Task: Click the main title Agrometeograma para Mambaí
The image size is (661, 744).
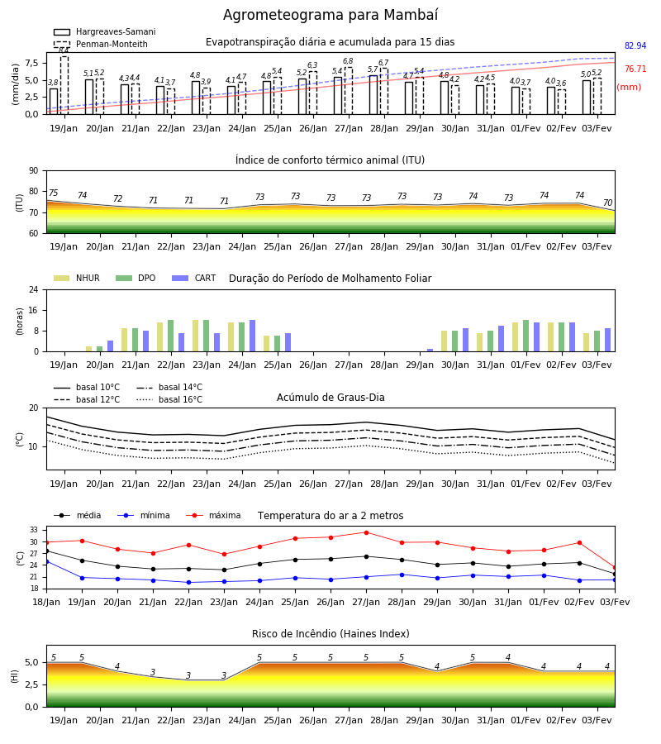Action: coord(330,15)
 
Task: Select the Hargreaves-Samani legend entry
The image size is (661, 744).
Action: coord(105,31)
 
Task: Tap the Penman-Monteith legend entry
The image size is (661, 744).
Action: coord(101,44)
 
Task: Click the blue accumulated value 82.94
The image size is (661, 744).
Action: coord(635,46)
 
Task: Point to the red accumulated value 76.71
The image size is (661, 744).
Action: coord(635,69)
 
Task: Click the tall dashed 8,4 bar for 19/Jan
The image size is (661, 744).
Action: coord(64,85)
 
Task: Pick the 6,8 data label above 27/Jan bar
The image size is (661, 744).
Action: coord(348,61)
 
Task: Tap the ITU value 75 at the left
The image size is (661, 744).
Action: coord(54,193)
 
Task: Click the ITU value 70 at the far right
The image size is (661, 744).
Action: coord(608,203)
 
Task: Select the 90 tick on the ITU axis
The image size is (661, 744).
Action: coord(34,171)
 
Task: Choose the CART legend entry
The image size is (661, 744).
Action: coord(194,278)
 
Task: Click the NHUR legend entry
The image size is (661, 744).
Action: coord(77,278)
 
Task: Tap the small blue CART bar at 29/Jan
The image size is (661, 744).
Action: coord(430,351)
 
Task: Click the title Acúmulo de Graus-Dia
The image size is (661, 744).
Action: coord(330,398)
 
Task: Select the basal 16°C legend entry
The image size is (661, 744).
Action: coord(169,399)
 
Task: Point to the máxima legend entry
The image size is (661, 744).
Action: coord(213,515)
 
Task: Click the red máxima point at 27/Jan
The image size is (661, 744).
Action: coord(367,532)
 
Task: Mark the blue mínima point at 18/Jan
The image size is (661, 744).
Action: coord(47,562)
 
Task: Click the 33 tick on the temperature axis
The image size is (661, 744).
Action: coord(34,530)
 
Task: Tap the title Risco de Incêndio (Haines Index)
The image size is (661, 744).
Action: coord(330,634)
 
